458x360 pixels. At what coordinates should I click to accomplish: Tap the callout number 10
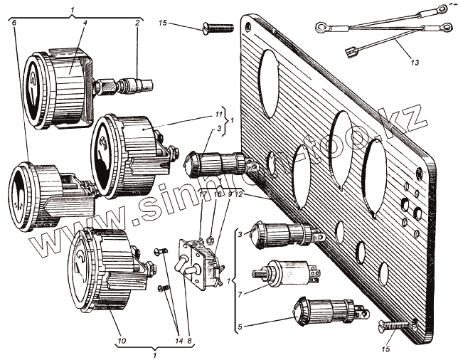click(121, 342)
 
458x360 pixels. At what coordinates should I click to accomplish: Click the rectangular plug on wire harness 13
click(350, 51)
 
